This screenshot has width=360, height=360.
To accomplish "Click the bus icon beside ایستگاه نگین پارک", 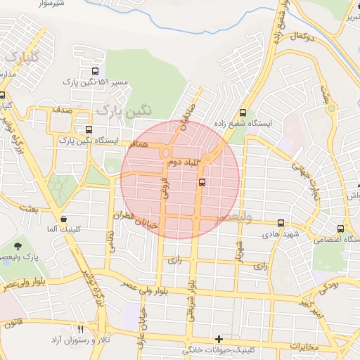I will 89,129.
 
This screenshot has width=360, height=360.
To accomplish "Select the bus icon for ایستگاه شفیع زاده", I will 243,112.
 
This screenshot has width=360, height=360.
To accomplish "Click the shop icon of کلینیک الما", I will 64,218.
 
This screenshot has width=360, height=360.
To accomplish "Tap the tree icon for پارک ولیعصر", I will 17,246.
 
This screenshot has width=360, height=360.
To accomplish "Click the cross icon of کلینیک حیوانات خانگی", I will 219,340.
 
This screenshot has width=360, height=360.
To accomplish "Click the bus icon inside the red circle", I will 202,182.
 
